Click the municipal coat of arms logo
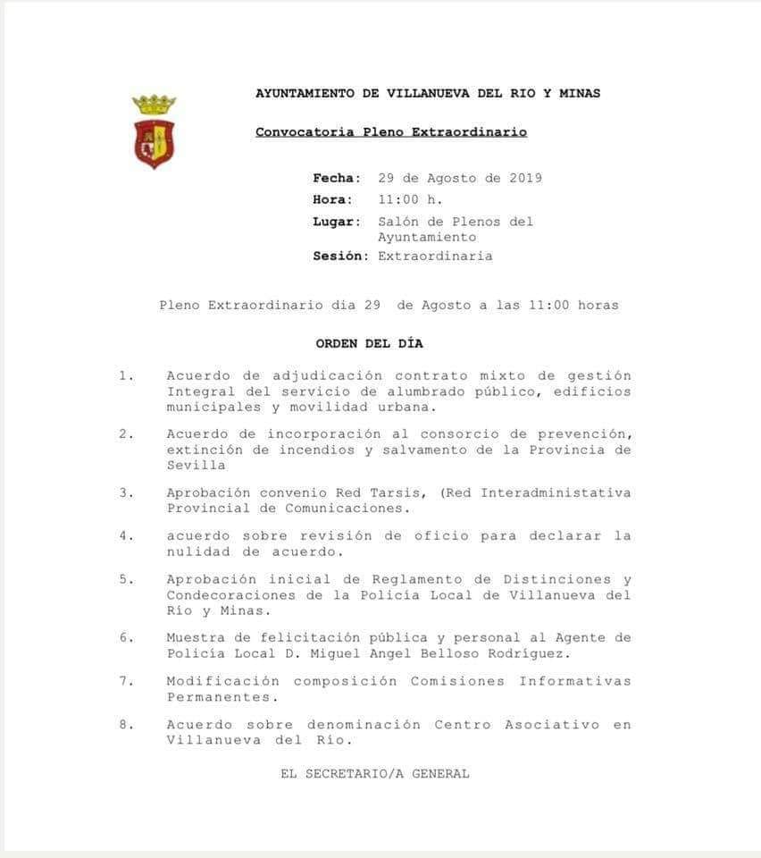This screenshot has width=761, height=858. point(154,132)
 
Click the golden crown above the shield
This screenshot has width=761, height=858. point(154,104)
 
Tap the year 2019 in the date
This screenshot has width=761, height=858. point(525,178)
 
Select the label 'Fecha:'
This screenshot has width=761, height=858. point(337,178)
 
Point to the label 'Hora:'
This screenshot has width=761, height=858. point(332,199)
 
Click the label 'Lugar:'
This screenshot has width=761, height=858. point(337,221)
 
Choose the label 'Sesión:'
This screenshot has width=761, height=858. point(340,256)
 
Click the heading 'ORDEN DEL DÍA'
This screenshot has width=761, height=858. point(369,343)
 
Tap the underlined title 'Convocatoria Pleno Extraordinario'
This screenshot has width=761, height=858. point(390,132)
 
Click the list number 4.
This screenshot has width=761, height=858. point(126,536)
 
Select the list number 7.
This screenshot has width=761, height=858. point(126,681)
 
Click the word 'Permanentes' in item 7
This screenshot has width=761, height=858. point(219,695)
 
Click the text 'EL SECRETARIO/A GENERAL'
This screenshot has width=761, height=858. point(374,774)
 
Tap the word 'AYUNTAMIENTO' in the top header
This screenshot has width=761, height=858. point(305,93)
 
